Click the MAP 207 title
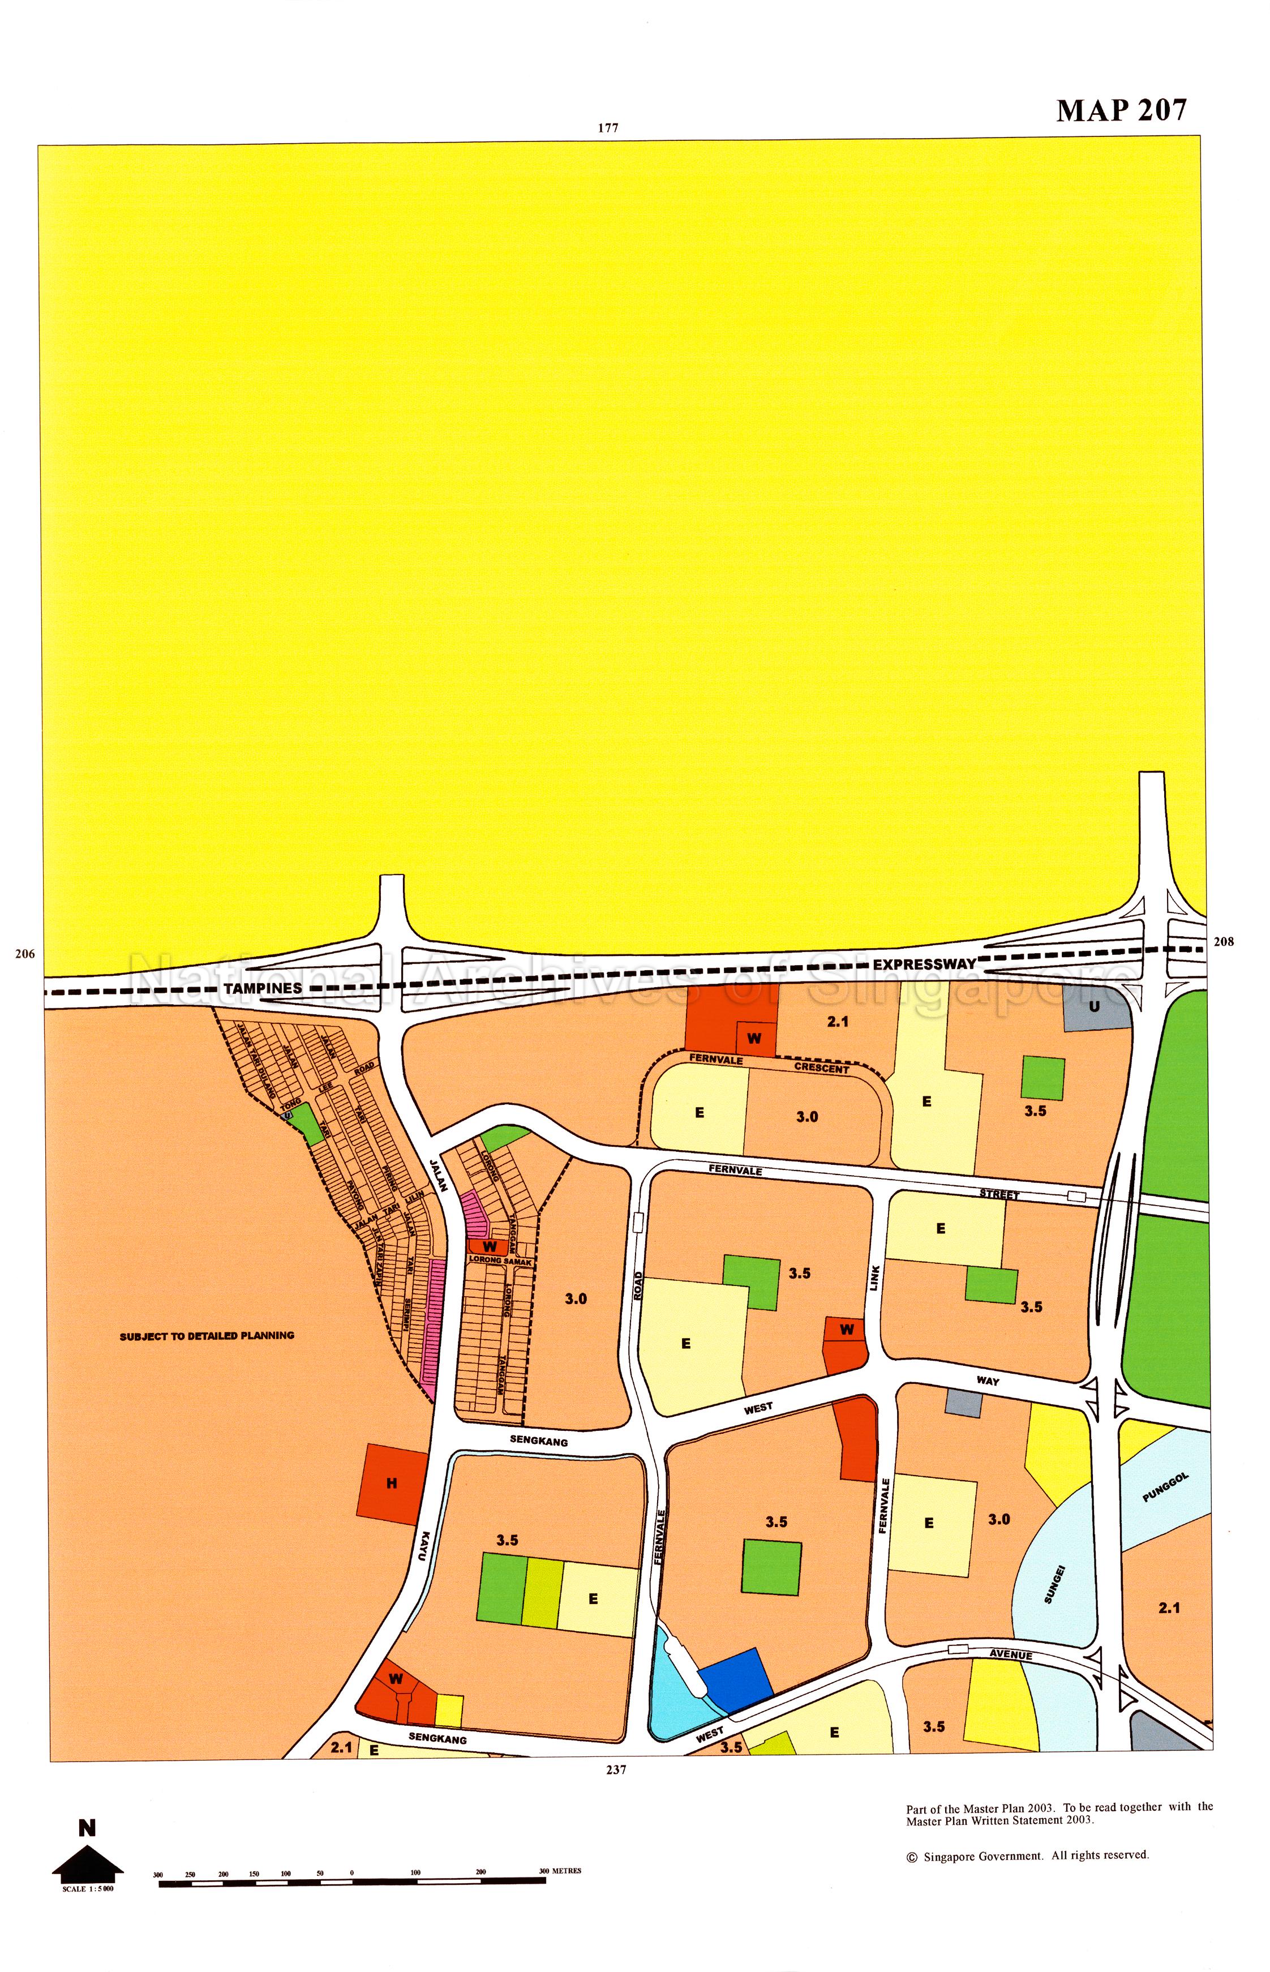pyautogui.click(x=1122, y=110)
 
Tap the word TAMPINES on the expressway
pyautogui.click(x=263, y=988)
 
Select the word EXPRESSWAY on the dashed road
pyautogui.click(x=924, y=963)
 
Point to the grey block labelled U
pyautogui.click(x=1095, y=1007)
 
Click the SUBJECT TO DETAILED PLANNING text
pyautogui.click(x=207, y=1335)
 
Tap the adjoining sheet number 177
pyautogui.click(x=608, y=128)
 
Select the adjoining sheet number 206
pyautogui.click(x=25, y=954)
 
